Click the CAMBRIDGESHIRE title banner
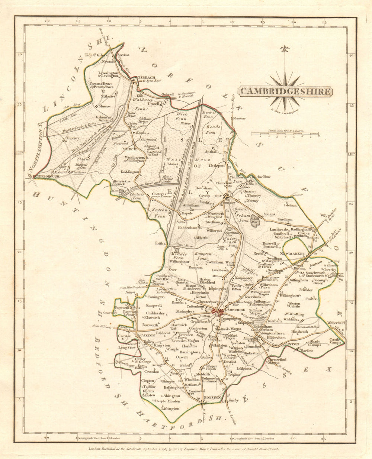285,91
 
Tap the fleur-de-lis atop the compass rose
285,49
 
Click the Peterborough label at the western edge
46,176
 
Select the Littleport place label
217,166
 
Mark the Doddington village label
129,172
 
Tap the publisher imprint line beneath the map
186,449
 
